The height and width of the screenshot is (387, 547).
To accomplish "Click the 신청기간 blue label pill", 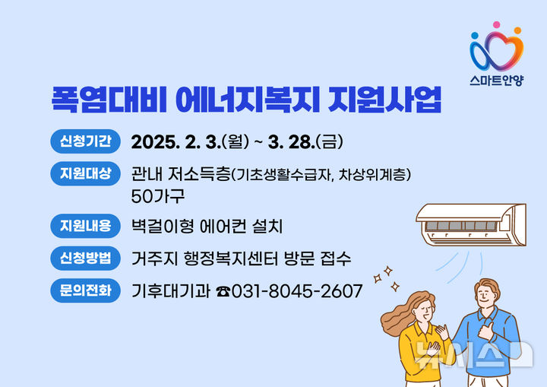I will (x=86, y=141).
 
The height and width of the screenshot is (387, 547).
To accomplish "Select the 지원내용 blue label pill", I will (x=86, y=226).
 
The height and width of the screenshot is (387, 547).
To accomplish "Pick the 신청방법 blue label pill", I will (x=86, y=258).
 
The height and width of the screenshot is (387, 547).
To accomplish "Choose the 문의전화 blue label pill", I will (x=86, y=290).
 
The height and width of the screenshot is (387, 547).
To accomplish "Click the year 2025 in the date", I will (x=153, y=142).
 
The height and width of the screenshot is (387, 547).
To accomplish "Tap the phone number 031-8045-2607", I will (x=296, y=291).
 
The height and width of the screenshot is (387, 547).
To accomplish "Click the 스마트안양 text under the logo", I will (x=496, y=77).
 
